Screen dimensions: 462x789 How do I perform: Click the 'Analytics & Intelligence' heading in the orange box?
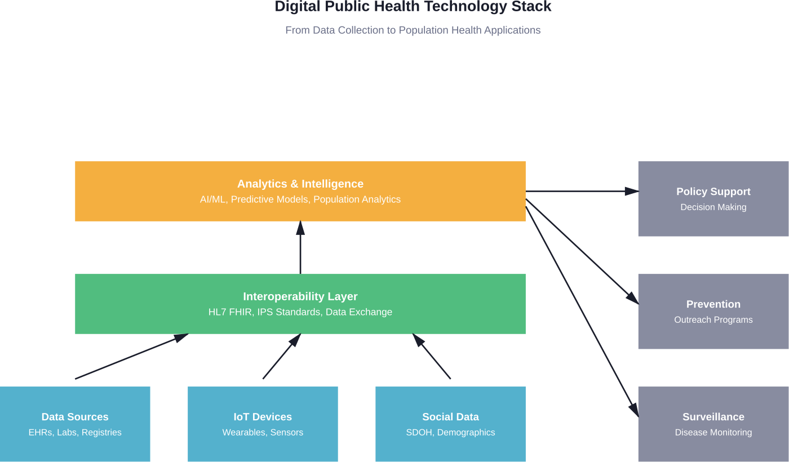click(x=300, y=184)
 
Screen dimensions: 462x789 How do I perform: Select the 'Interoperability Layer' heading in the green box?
click(x=300, y=296)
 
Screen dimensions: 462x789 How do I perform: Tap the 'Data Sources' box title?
click(x=75, y=417)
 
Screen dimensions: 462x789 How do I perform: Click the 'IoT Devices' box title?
click(x=263, y=417)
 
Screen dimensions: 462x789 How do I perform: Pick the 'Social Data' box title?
click(x=450, y=417)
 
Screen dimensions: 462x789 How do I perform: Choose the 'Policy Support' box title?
click(x=713, y=192)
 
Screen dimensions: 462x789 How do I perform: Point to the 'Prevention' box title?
click(x=713, y=304)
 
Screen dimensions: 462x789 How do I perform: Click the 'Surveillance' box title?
click(x=713, y=417)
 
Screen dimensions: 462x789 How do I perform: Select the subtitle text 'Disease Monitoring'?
click(x=713, y=433)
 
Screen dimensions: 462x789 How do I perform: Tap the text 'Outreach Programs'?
click(x=713, y=320)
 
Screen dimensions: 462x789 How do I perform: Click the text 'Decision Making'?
click(x=713, y=207)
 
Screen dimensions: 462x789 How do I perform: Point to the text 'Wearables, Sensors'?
click(x=263, y=433)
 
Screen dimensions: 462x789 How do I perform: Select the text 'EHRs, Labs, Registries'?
click(x=75, y=433)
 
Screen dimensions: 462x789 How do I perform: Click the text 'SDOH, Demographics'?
click(x=450, y=433)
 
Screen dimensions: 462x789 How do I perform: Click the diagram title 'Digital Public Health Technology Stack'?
click(x=413, y=7)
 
